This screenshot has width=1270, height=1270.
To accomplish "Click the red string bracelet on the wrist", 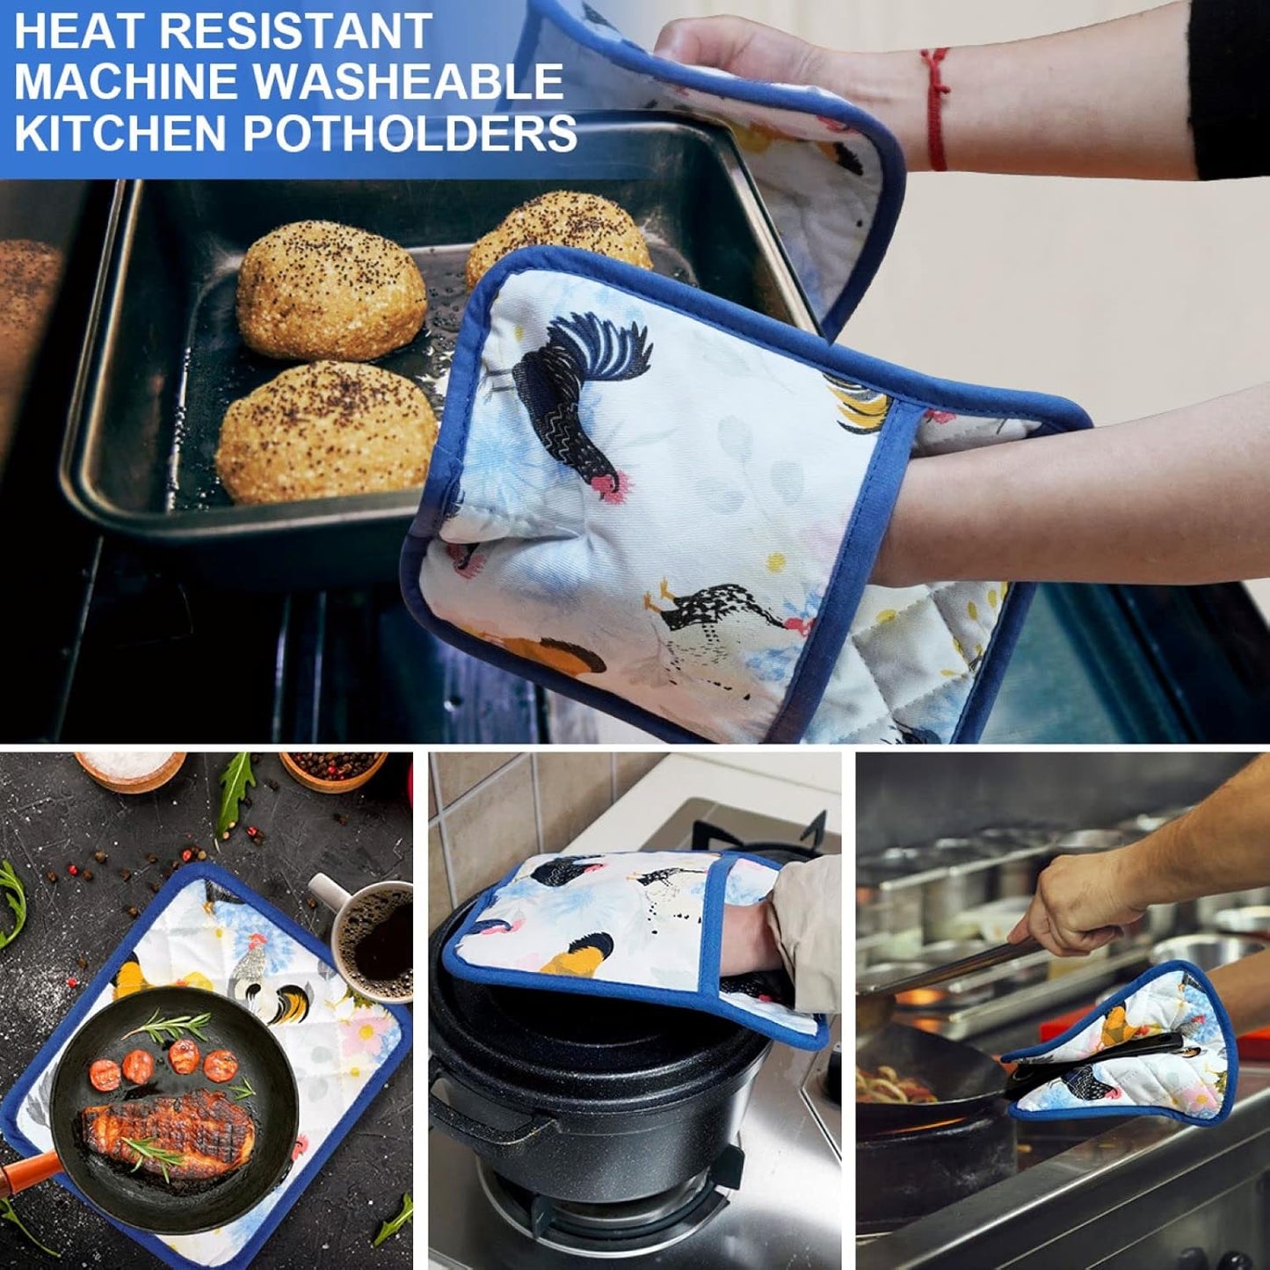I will (937, 110).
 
